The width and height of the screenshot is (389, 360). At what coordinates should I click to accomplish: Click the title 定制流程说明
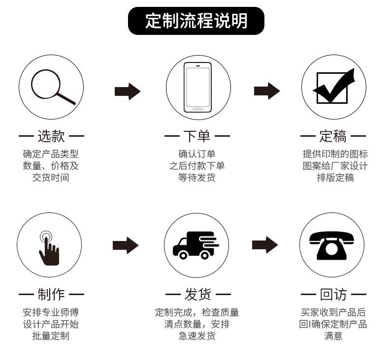pos(196,21)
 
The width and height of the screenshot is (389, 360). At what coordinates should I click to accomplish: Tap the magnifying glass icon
pos(51,87)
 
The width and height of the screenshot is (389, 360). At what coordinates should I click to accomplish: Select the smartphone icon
pos(197,87)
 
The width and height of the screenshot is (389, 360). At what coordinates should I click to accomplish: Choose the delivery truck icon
pos(196,245)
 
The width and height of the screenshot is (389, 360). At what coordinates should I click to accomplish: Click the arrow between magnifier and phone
pos(127,91)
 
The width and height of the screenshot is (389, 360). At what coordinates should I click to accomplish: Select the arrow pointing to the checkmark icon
pos(266,91)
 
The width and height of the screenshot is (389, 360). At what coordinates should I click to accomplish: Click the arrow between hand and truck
pos(126,245)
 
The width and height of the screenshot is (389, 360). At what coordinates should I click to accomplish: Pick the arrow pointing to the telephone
pos(265,245)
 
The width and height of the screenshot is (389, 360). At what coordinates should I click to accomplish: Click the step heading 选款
pos(51,136)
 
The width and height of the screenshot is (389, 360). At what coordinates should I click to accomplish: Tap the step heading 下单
pos(197,136)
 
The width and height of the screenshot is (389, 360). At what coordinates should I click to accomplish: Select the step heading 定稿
pos(333,136)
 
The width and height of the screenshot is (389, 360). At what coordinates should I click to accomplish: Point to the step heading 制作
pos(51,295)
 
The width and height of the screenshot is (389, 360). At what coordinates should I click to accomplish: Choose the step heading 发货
pos(197,295)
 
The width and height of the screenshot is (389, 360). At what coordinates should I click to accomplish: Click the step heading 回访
pos(333,295)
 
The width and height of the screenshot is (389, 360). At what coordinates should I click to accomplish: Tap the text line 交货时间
pos(51,178)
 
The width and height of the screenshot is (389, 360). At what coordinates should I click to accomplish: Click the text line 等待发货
pos(197,178)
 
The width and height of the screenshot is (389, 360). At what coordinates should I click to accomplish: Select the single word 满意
pos(333,336)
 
